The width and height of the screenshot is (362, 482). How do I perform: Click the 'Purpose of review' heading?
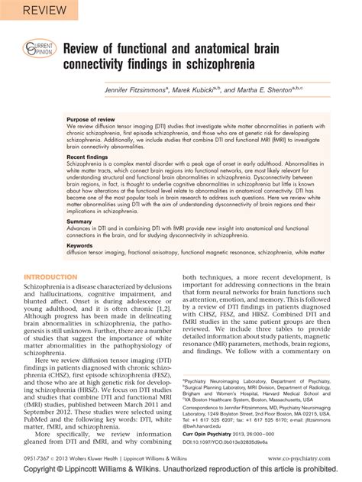point(91,121)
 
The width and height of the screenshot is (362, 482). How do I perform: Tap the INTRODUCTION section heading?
point(50,276)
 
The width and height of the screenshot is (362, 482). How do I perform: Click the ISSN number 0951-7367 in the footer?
point(37,459)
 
